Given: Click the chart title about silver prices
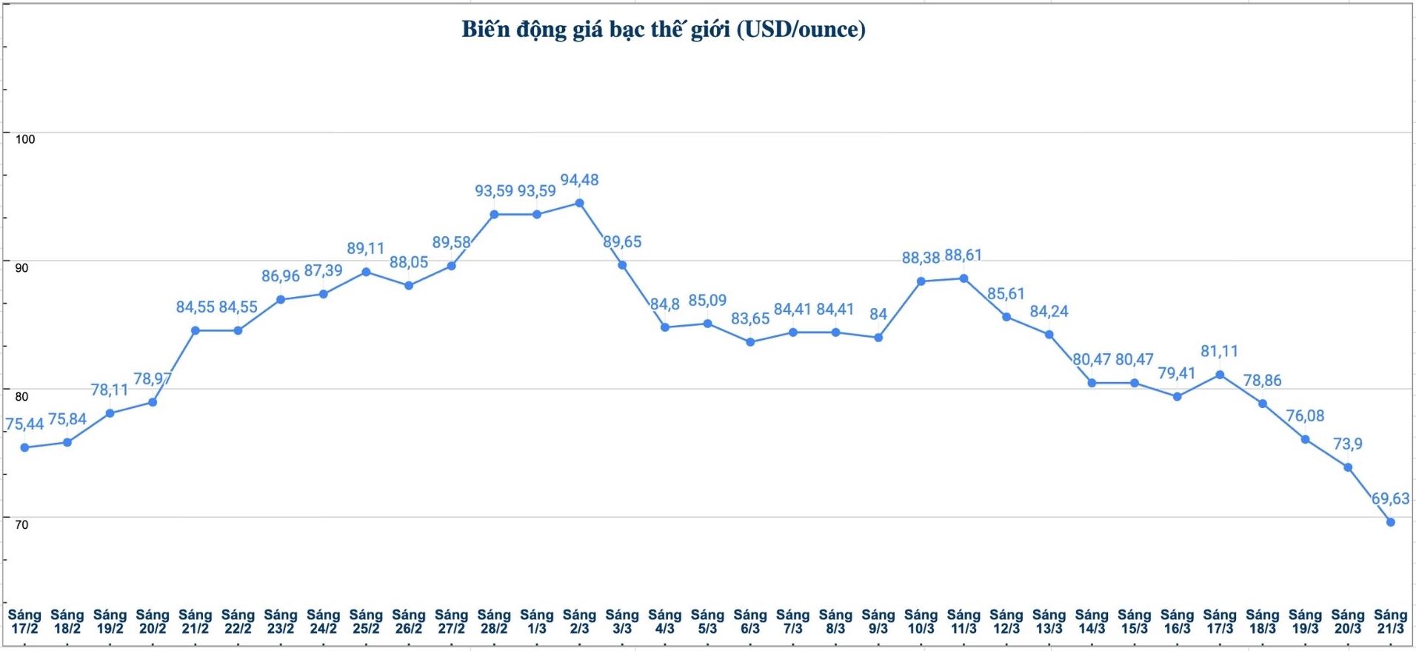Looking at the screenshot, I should click(664, 30).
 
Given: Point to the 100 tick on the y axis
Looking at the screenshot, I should click(25, 139).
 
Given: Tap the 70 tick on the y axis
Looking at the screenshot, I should click(22, 524).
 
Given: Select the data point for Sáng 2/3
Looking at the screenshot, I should click(579, 203).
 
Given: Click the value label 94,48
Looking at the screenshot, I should click(579, 180).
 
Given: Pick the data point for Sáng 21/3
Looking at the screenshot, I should click(1390, 522).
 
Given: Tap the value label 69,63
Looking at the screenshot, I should click(1390, 498).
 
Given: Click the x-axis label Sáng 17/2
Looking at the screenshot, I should click(24, 621).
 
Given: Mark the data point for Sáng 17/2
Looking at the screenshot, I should click(24, 447).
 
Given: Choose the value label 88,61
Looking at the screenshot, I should click(963, 256).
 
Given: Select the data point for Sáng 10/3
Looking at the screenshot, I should click(921, 281).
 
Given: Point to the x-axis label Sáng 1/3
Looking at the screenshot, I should click(536, 621).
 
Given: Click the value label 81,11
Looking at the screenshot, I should click(1219, 351).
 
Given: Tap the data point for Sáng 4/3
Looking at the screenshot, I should click(664, 327).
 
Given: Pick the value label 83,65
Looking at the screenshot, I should click(750, 318).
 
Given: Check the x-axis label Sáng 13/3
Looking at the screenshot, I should click(1049, 621).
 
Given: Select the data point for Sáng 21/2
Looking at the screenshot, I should click(195, 330).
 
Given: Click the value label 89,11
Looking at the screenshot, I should click(366, 249).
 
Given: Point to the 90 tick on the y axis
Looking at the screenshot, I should click(22, 267).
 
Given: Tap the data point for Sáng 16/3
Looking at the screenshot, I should click(1177, 396).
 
